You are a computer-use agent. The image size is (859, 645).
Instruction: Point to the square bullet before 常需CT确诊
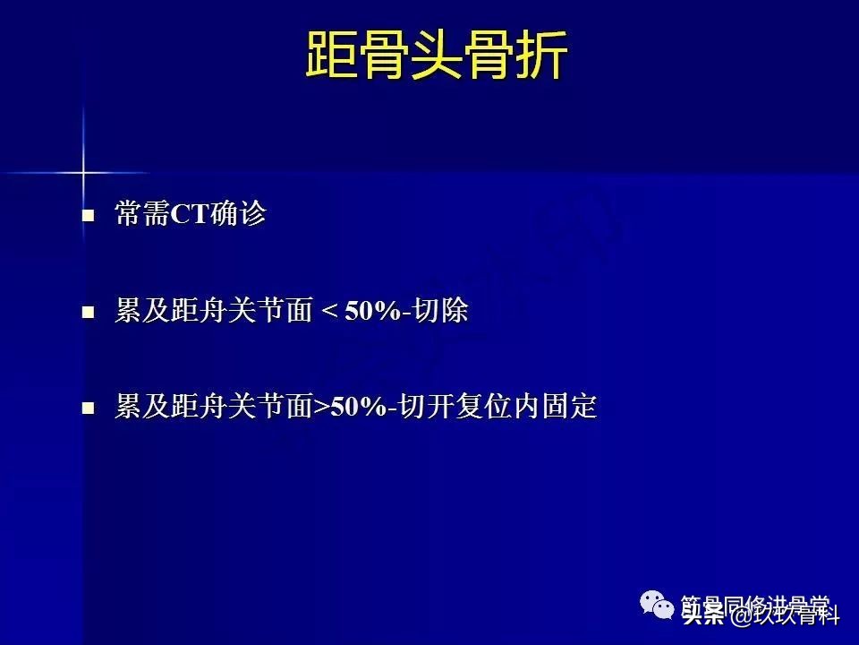pos(88,217)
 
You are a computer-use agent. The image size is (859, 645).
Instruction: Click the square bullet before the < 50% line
pos(88,313)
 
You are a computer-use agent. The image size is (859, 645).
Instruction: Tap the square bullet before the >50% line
pos(88,408)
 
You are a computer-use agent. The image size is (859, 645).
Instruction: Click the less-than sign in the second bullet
pos(328,313)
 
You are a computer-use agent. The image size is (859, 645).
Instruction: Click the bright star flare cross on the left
pos(83,171)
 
